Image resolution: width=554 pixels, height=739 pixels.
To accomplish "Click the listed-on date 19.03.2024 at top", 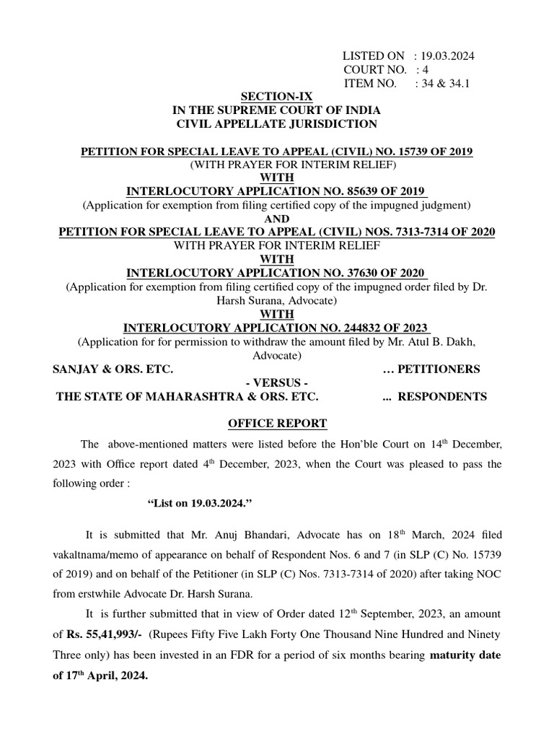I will (448, 56).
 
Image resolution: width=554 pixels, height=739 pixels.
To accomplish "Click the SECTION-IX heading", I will (277, 97).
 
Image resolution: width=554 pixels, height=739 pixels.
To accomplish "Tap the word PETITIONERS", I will (441, 369).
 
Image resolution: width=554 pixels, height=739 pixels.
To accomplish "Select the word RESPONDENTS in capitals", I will (443, 396).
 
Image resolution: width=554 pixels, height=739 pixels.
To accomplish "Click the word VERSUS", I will (277, 382).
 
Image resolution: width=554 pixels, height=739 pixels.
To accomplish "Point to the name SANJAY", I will (75, 369).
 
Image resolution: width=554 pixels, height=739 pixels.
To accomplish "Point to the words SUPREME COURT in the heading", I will (274, 110).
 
